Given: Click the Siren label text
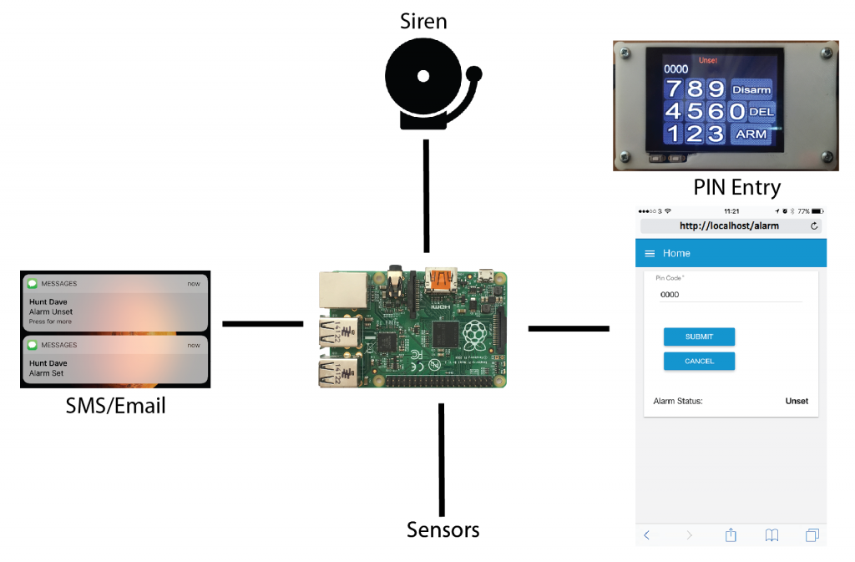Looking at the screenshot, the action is [423, 21].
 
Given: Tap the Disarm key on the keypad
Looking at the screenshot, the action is [751, 89].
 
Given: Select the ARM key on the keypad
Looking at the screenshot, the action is [751, 134].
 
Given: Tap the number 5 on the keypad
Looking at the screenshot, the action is [695, 111].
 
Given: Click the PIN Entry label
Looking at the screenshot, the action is [736, 188].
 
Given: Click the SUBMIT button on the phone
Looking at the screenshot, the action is [699, 337].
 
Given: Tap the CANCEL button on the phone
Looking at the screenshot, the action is [699, 362].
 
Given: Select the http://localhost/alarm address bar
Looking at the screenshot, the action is [731, 225].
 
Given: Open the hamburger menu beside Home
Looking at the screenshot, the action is [650, 254].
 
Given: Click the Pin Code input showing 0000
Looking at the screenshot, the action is [731, 295].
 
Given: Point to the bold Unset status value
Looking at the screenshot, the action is [797, 401].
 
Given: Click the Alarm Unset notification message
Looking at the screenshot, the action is [115, 303].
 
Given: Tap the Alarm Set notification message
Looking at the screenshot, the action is [115, 360].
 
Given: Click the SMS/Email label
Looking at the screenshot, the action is [115, 406].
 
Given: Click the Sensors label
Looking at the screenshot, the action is [443, 529].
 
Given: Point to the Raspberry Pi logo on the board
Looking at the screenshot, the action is [474, 335].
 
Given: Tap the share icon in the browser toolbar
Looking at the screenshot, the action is [731, 534].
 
